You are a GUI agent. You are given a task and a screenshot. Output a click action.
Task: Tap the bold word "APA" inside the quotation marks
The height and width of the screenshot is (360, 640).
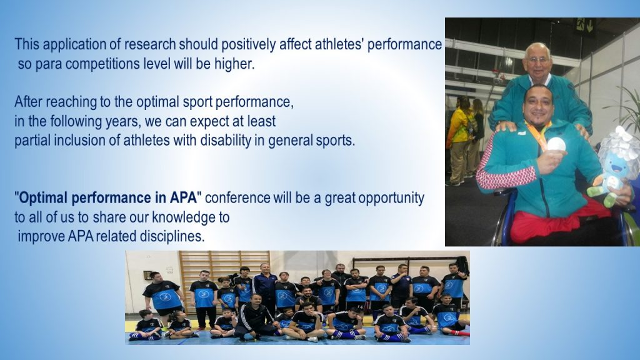(x=183, y=198)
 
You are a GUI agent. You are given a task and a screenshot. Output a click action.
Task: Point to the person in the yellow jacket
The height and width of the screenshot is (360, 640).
(x=459, y=139)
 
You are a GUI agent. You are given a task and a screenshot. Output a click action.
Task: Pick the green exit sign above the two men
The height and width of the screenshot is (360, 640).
(x=584, y=25)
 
